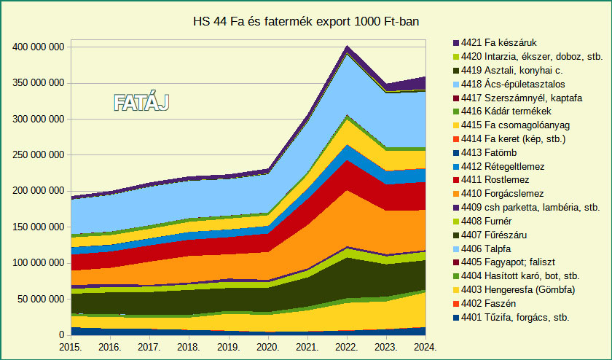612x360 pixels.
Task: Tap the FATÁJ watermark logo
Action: (x=141, y=103)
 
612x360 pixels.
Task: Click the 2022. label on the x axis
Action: (x=346, y=348)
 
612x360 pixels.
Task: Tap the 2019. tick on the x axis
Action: (x=229, y=348)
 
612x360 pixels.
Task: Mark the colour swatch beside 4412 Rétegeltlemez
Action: (x=456, y=167)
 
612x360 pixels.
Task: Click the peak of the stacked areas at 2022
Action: (x=348, y=46)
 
